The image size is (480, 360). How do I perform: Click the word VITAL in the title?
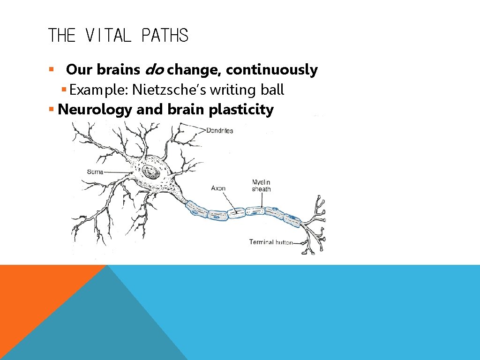tap(109, 36)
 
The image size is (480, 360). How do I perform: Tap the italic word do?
tap(155, 70)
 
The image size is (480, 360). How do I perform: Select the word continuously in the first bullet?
tap(271, 70)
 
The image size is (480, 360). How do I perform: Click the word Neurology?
tap(95, 110)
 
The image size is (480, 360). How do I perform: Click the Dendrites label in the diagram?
tap(219, 131)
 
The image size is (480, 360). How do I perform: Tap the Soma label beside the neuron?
tap(95, 172)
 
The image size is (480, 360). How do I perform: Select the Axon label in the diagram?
tap(218, 188)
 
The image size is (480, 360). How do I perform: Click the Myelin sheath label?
tap(261, 186)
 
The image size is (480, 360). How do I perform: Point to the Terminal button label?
tap(270, 242)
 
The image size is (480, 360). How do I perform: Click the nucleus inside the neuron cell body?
tap(151, 172)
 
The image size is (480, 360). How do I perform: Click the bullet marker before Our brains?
tap(52, 70)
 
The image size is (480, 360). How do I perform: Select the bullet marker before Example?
tap(64, 90)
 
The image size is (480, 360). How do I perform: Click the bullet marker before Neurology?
tap(52, 110)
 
